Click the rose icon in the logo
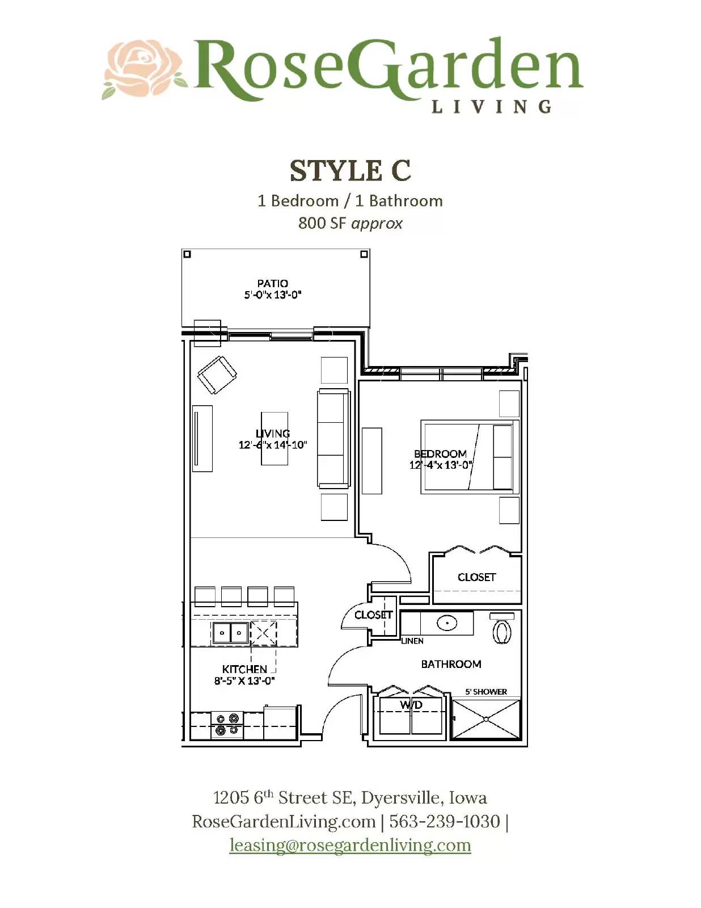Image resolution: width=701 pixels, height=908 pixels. pyautogui.click(x=145, y=69)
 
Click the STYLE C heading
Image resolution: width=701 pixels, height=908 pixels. pyautogui.click(x=350, y=170)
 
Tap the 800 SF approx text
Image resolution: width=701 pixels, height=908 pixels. pyautogui.click(x=350, y=223)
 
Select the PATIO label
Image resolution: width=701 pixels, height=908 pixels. pyautogui.click(x=272, y=283)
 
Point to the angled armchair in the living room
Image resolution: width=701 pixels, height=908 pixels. pyautogui.click(x=217, y=375)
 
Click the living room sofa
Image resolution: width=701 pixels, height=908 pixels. pyautogui.click(x=333, y=438)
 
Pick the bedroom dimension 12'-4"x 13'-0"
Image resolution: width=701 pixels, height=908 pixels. pyautogui.click(x=441, y=465)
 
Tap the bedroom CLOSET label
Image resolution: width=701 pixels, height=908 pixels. pyautogui.click(x=476, y=577)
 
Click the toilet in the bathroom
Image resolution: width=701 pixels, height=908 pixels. pyautogui.click(x=502, y=630)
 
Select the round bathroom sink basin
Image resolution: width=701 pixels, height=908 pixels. pyautogui.click(x=447, y=623)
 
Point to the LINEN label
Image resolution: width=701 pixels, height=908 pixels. pyautogui.click(x=412, y=641)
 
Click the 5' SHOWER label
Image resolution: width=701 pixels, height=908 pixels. pyautogui.click(x=486, y=692)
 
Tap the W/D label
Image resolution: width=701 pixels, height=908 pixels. pyautogui.click(x=411, y=705)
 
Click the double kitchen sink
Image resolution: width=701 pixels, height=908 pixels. pyautogui.click(x=231, y=632)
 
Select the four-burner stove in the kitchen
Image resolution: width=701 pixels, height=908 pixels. pyautogui.click(x=227, y=725)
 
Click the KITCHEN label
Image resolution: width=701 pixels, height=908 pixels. pyautogui.click(x=244, y=669)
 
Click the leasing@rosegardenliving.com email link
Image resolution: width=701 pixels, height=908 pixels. pyautogui.click(x=350, y=845)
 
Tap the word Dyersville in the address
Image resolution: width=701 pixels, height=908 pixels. pyautogui.click(x=400, y=798)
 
